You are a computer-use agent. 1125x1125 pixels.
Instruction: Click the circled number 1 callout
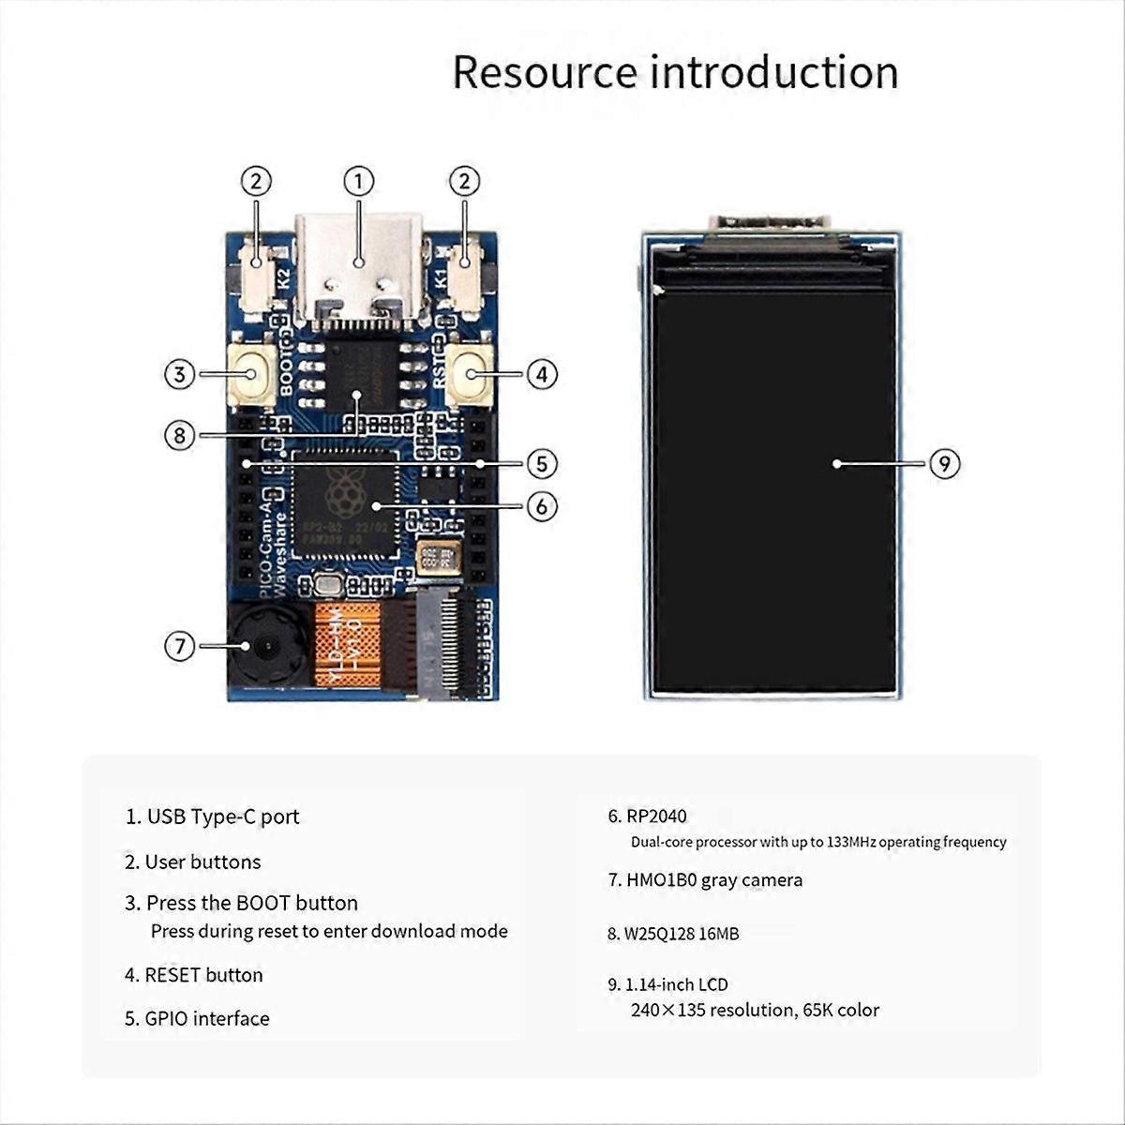coord(358,181)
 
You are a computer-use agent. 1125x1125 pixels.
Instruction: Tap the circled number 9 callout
coord(945,463)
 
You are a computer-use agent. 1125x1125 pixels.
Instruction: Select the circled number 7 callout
coord(180,646)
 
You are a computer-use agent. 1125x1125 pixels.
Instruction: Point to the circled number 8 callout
coord(180,435)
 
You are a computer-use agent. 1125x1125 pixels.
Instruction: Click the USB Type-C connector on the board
coord(358,267)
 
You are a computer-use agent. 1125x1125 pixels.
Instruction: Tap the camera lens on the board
coord(267,647)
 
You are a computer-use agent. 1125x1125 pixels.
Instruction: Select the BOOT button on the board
coord(250,374)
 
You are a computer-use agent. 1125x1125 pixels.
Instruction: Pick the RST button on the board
coord(468,374)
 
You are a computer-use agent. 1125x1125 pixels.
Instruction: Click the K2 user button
coord(257,274)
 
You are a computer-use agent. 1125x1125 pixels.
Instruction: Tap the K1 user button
coord(465,274)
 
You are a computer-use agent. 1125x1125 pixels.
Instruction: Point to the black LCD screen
coord(773,487)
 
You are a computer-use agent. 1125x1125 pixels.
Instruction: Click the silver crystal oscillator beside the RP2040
coord(438,558)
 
